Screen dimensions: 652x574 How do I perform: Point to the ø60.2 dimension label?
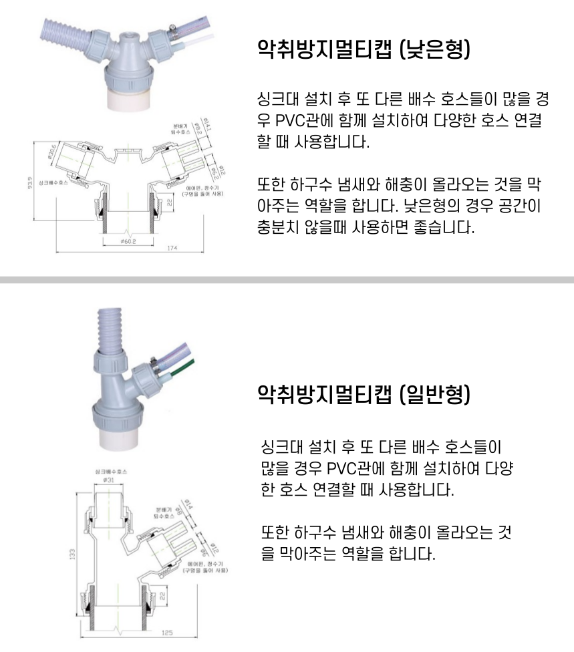(x=128, y=240)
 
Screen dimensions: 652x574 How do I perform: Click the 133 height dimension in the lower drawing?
(x=72, y=554)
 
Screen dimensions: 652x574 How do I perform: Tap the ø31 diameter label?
(x=110, y=480)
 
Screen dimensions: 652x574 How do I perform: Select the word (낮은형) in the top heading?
(x=439, y=50)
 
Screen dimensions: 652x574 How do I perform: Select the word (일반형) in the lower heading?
(x=439, y=394)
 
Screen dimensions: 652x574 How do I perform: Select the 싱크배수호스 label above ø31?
(x=110, y=471)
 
